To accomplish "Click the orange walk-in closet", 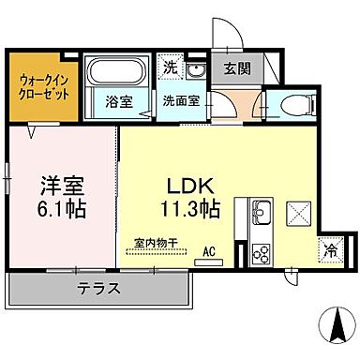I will pos(42,87).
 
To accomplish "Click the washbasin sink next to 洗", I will pos(196,72).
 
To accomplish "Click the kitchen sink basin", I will pos(260,211).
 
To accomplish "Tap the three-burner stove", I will pos(260,252).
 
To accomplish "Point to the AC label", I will pos(212,251).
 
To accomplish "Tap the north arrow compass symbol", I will pos(334,329).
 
